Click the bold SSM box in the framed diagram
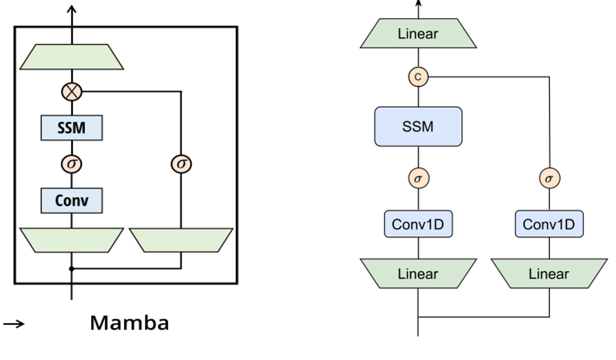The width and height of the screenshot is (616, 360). pos(72,128)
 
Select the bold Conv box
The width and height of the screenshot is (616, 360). pos(72,201)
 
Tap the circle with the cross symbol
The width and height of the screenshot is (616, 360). pos(72,91)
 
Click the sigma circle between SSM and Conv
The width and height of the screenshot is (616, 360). pos(72,164)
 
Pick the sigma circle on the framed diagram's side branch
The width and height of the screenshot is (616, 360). pos(181,164)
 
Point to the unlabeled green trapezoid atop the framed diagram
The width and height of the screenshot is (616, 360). pos(72,57)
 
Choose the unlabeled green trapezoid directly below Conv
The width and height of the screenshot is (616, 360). pos(72,240)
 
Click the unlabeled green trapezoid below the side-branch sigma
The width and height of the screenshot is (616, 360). pos(181,240)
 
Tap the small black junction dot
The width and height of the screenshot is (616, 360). pos(72,268)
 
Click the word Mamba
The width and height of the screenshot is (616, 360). pos(130,323)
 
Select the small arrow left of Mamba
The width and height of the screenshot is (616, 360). pos(13,324)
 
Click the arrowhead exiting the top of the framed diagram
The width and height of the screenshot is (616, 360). pos(72,10)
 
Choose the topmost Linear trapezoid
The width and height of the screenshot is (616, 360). pos(418,33)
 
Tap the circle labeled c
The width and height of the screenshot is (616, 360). pos(418,77)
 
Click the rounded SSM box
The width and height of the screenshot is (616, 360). pos(418,126)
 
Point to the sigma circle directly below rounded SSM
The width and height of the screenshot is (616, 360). pos(418,179)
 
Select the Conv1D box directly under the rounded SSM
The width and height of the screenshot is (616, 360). pos(418,224)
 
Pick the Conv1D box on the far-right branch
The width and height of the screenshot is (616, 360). pos(549,224)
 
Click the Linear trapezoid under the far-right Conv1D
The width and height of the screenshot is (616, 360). pos(549,273)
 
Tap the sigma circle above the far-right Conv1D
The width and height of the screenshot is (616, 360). pos(549,179)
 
